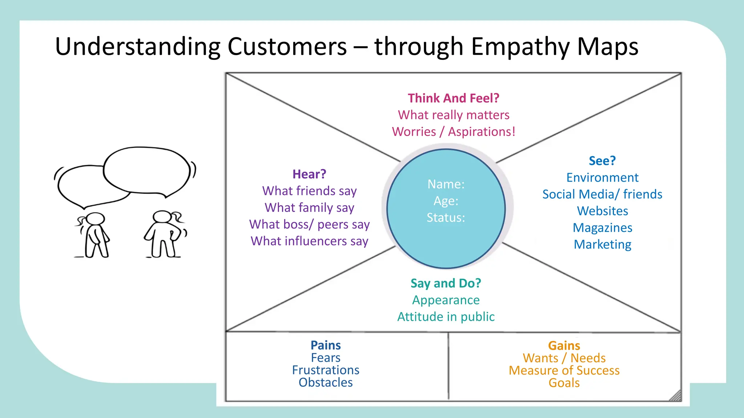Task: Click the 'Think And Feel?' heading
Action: coord(453,98)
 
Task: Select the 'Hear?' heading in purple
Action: coord(309,174)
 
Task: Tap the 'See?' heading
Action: coord(602,161)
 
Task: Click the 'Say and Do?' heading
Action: coord(446,283)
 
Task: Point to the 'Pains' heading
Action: coord(325,345)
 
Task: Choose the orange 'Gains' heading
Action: coord(564,345)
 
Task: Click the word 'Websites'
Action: coord(602,211)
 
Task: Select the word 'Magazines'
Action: coord(602,228)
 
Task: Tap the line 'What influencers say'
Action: coord(309,241)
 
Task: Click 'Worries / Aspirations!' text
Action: coord(453,131)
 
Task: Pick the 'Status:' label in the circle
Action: coord(446,217)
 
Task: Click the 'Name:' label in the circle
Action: coord(446,184)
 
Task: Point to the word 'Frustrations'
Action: coord(325,370)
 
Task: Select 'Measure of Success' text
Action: coord(564,370)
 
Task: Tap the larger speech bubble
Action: coord(147,170)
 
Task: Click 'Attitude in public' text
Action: coord(446,317)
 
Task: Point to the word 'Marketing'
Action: coord(602,244)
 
